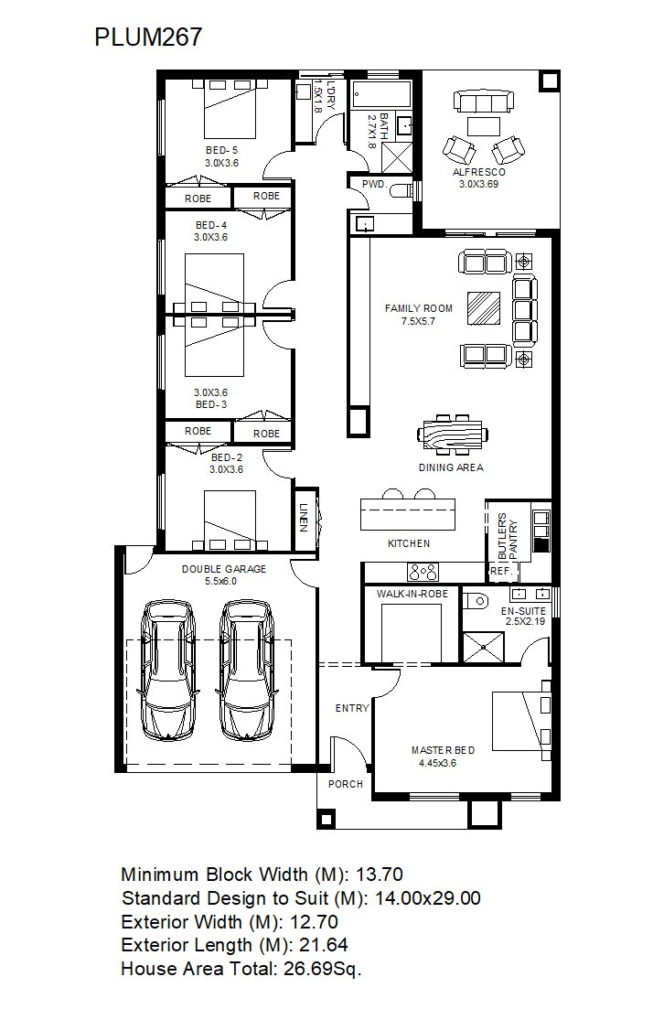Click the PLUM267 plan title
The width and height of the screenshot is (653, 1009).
tap(148, 37)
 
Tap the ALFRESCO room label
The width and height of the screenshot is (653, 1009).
tap(478, 172)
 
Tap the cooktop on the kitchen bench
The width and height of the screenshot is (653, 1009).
tap(423, 571)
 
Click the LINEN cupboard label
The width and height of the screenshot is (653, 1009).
tap(303, 516)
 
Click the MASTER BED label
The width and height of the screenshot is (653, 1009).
tap(444, 750)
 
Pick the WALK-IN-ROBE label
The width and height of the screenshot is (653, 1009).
tap(412, 594)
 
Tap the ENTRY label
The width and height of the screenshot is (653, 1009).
tap(352, 708)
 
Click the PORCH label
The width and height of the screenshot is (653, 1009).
tap(346, 784)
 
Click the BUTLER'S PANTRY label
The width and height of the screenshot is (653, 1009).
tap(508, 535)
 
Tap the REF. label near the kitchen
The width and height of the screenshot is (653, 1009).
tap(500, 571)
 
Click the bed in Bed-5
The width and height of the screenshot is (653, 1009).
tap(230, 108)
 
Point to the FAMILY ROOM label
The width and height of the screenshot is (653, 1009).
tap(418, 308)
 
